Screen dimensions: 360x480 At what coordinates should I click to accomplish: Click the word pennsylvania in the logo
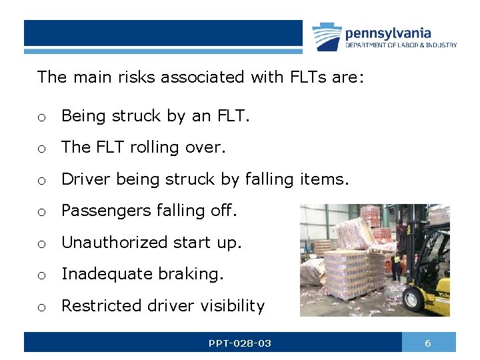click(x=388, y=33)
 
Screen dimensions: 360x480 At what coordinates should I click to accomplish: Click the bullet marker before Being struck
click(x=41, y=117)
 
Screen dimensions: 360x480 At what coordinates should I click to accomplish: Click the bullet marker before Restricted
click(x=41, y=307)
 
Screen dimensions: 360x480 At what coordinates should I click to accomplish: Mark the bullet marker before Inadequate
click(x=41, y=275)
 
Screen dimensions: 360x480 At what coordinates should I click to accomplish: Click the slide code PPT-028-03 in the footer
click(x=239, y=343)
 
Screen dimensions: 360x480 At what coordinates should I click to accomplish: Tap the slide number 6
click(x=428, y=343)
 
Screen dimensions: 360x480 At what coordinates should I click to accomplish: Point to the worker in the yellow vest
click(x=396, y=261)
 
